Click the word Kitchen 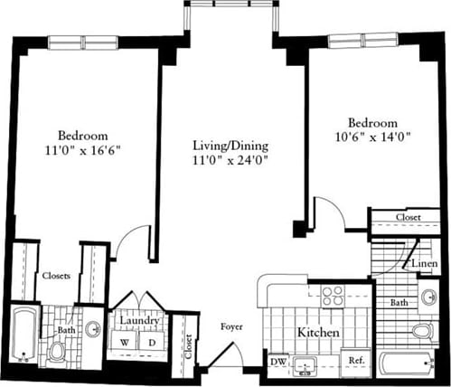tap(319, 334)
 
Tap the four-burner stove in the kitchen tap(333, 296)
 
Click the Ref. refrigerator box tap(356, 362)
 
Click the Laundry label tap(137, 321)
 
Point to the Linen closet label tap(426, 263)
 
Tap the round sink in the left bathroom tap(93, 330)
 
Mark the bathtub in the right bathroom tap(408, 365)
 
